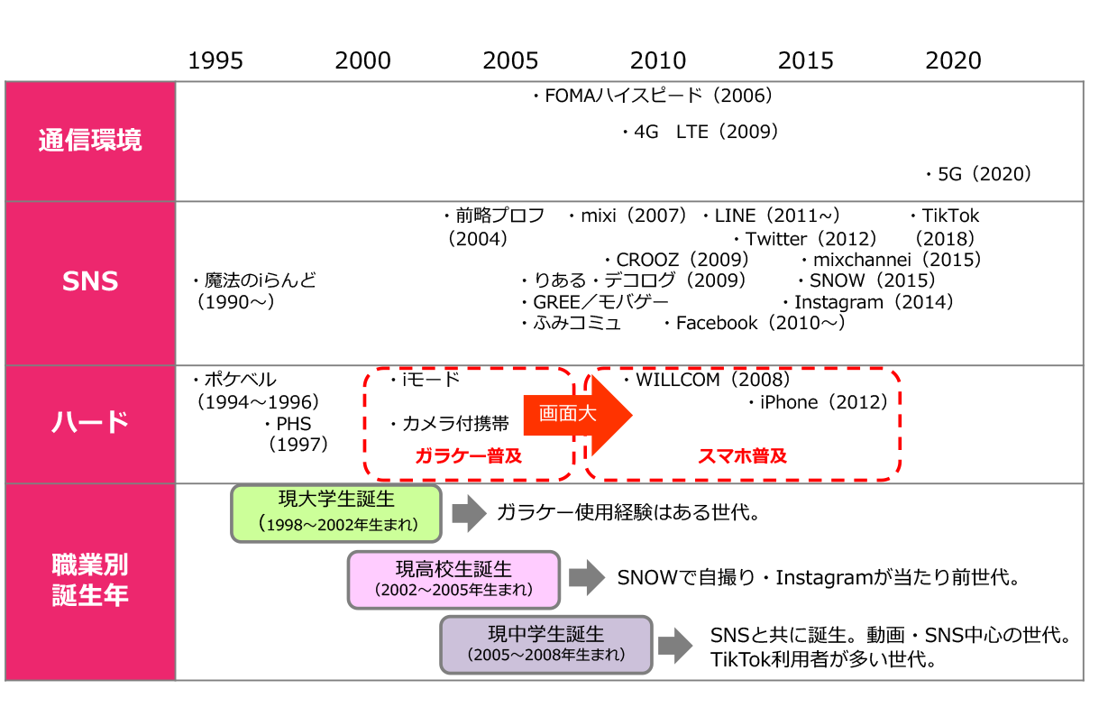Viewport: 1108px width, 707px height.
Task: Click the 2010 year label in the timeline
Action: (x=658, y=60)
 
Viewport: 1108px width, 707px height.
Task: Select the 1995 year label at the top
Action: (x=215, y=60)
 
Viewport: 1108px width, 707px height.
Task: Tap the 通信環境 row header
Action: (x=90, y=141)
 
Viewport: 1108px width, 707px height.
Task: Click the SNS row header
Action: (x=90, y=281)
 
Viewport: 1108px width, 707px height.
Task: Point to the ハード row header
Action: (x=90, y=422)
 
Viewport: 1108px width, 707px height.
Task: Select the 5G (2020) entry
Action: (x=978, y=174)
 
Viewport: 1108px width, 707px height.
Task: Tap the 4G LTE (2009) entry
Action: (x=701, y=133)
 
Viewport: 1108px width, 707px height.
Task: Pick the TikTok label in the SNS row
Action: (x=949, y=216)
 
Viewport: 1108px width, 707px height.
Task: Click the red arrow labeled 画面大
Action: (x=577, y=414)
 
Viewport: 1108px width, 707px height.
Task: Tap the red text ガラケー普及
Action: (x=468, y=455)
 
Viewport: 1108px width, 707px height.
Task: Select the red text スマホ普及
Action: (x=743, y=455)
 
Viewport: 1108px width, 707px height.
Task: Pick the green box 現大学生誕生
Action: (x=336, y=512)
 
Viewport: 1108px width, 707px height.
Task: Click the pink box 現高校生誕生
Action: (x=453, y=579)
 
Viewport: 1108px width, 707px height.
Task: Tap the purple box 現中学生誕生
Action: (x=545, y=645)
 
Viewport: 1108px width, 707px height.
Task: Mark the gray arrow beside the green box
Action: (x=468, y=513)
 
